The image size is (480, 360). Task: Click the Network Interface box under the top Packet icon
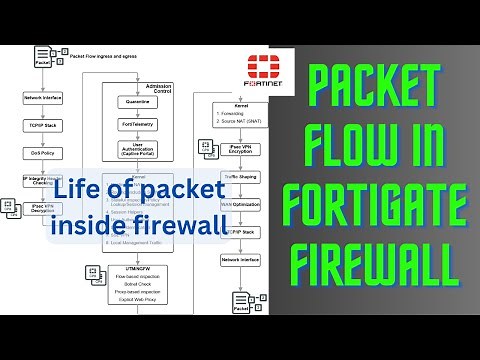(x=42, y=99)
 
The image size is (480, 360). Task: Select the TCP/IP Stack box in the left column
(x=42, y=126)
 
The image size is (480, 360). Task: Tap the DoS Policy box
(x=42, y=153)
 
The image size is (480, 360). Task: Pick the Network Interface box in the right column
(x=240, y=259)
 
